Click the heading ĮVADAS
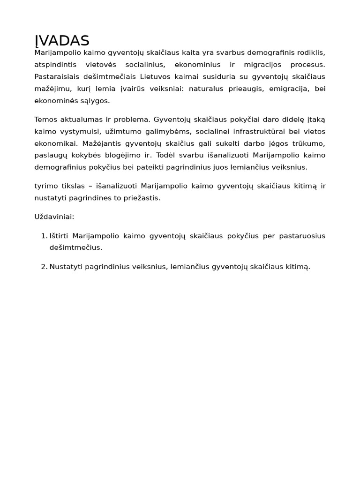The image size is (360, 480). (x=62, y=41)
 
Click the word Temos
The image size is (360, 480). (x=45, y=120)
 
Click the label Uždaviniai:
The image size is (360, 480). (x=54, y=217)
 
